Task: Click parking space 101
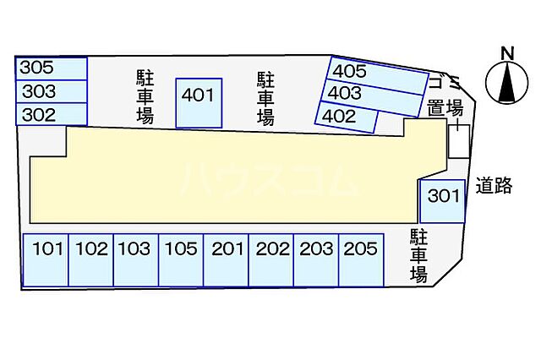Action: click(x=46, y=259)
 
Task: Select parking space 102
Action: click(x=90, y=259)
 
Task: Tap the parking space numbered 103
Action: click(x=135, y=259)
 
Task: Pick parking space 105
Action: click(x=181, y=259)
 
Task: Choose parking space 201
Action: click(x=227, y=259)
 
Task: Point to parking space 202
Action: click(x=271, y=259)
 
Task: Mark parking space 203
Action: click(x=316, y=259)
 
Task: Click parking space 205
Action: click(x=361, y=259)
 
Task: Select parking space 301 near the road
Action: click(x=443, y=200)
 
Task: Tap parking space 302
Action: click(x=51, y=114)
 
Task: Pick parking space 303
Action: click(x=51, y=91)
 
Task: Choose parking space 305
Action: click(x=51, y=68)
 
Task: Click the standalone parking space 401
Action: click(x=199, y=103)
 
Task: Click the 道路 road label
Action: click(x=493, y=186)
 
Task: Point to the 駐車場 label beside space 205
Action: click(x=418, y=254)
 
